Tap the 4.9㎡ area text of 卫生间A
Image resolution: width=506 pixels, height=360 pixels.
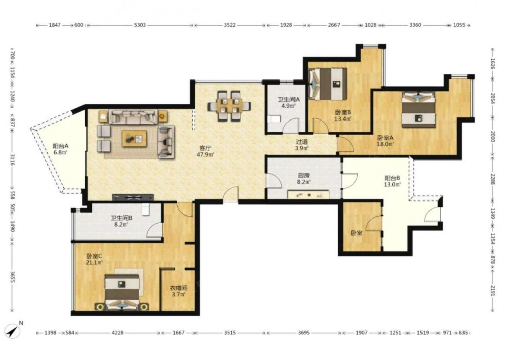[x=288, y=106]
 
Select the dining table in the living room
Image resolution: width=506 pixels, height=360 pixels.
[x=229, y=105]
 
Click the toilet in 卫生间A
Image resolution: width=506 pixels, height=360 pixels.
[x=273, y=119]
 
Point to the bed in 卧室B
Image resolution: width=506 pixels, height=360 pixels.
[x=327, y=84]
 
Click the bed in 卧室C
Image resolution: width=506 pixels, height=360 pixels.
[x=122, y=292]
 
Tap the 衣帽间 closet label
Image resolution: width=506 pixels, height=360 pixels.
[x=179, y=288]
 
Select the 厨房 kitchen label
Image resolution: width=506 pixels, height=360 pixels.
[x=303, y=176]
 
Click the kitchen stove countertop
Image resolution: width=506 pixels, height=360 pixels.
[x=309, y=195]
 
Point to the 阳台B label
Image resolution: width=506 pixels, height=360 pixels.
[x=392, y=178]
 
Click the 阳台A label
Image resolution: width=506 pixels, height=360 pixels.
[x=60, y=146]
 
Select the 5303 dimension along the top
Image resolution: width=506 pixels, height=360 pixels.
[x=140, y=25]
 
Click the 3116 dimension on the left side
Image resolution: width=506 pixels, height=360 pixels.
[x=12, y=159]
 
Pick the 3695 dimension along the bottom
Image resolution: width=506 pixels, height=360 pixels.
[x=303, y=332]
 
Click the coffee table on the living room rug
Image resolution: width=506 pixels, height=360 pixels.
[x=134, y=139]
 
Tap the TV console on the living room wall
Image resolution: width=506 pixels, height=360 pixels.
[x=133, y=197]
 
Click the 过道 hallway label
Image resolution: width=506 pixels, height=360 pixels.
[x=302, y=142]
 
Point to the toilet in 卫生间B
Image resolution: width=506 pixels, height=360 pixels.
[x=146, y=209]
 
